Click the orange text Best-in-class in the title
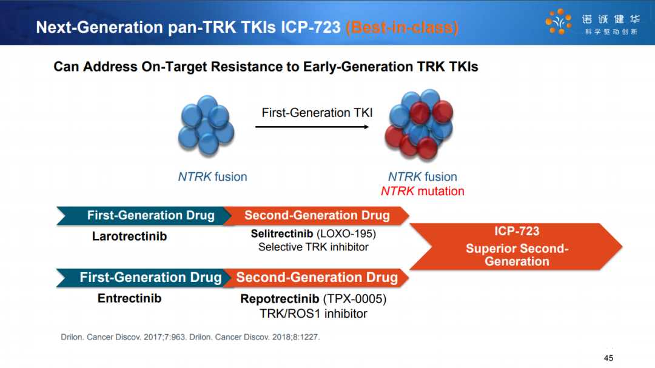(x=402, y=27)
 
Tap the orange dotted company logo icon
(x=559, y=21)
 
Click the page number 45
(x=608, y=358)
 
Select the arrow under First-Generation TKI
(x=312, y=127)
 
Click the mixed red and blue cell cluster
(x=419, y=124)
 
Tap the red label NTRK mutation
(x=422, y=191)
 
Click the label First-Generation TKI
(x=317, y=113)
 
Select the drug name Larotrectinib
(x=130, y=236)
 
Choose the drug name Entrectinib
(x=130, y=298)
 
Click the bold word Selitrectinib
(x=282, y=233)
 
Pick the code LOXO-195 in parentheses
(x=346, y=233)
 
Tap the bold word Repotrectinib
(x=280, y=299)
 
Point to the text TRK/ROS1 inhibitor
(x=314, y=313)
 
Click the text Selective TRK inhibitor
(x=314, y=247)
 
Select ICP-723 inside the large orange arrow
(x=517, y=231)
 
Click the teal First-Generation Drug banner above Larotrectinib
(x=144, y=216)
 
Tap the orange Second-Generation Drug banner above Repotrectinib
(x=316, y=278)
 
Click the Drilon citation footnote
(x=190, y=337)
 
